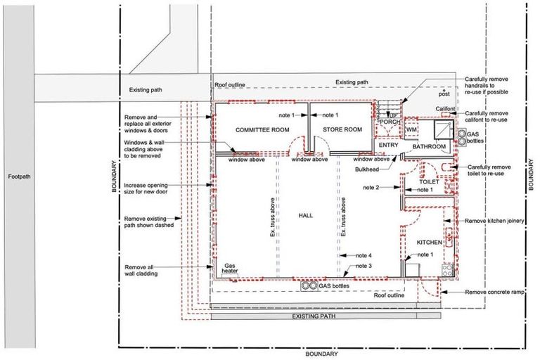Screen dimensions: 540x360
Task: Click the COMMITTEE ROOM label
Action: (x=262, y=130)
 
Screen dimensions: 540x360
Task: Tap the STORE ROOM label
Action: (x=342, y=129)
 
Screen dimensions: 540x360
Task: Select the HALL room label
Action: (x=305, y=216)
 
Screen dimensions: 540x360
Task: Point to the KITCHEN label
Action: (x=430, y=243)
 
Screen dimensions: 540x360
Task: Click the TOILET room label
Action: (x=429, y=181)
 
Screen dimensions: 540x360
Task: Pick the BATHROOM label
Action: (x=429, y=147)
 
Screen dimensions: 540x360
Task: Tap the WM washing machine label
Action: (x=411, y=130)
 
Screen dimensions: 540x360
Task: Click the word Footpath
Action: (x=19, y=176)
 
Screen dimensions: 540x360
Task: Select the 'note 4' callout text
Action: (x=364, y=256)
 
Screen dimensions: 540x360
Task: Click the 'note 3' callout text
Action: (x=364, y=266)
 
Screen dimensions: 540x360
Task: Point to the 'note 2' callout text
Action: (x=371, y=188)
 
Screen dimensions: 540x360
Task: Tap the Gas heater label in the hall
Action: (x=230, y=269)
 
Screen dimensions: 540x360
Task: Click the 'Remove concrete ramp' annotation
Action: (x=494, y=292)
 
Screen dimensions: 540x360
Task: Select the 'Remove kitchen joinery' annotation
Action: (x=494, y=221)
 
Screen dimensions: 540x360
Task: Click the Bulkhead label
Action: (x=367, y=169)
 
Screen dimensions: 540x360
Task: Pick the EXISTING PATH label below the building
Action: (x=314, y=316)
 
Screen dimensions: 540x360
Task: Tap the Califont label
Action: (x=445, y=109)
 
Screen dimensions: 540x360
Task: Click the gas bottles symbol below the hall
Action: (x=309, y=286)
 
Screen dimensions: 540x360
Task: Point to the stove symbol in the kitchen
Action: (x=448, y=271)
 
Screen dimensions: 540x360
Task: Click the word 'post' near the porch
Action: (x=444, y=94)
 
